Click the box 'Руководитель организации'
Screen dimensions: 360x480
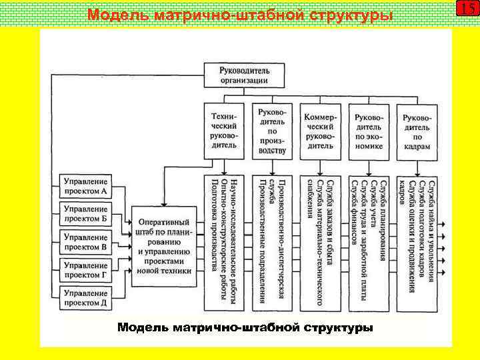click(x=245, y=74)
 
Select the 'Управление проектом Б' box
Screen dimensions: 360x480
click(x=85, y=214)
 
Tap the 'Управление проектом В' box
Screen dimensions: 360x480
click(x=85, y=242)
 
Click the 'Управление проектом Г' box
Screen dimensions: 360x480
click(x=85, y=270)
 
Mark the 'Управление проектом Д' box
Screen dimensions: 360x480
click(x=85, y=298)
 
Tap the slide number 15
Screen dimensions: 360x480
click(x=468, y=9)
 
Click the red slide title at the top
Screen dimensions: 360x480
click(x=239, y=15)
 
